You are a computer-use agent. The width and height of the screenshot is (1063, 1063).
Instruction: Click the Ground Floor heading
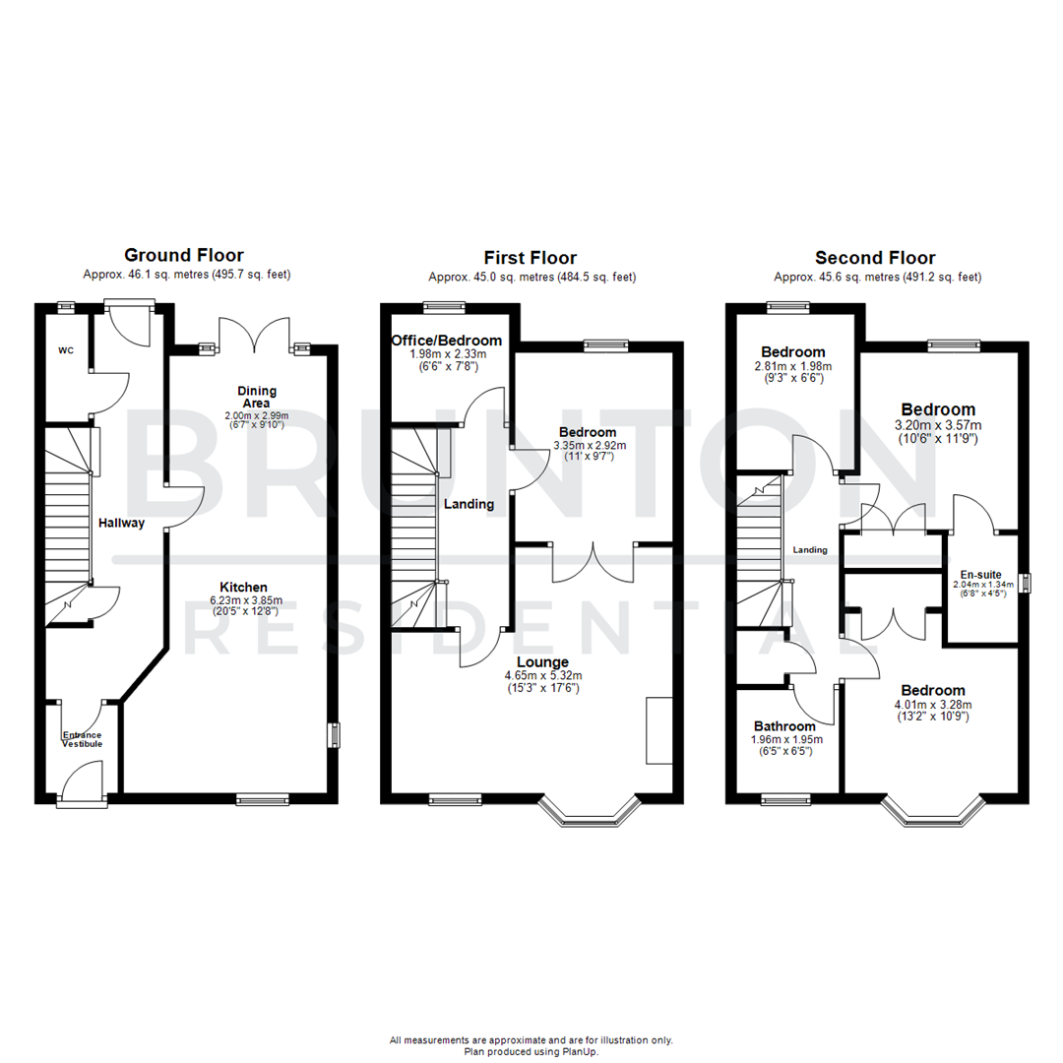183,256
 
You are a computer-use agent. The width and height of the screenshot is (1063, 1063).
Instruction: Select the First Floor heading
531,258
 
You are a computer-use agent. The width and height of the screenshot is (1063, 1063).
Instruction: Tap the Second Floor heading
875,258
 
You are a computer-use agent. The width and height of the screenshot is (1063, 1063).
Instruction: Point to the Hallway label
121,523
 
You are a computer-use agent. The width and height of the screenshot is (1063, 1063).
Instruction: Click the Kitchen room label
243,587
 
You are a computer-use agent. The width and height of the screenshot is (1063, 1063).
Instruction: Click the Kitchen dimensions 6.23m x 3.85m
243,600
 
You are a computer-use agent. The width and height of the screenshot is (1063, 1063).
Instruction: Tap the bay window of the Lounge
589,810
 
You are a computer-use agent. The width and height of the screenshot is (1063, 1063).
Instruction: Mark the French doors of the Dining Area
254,337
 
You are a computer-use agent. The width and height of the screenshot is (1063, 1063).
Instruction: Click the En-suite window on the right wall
1024,583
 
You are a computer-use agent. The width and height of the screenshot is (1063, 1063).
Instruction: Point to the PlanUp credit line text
531,1051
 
